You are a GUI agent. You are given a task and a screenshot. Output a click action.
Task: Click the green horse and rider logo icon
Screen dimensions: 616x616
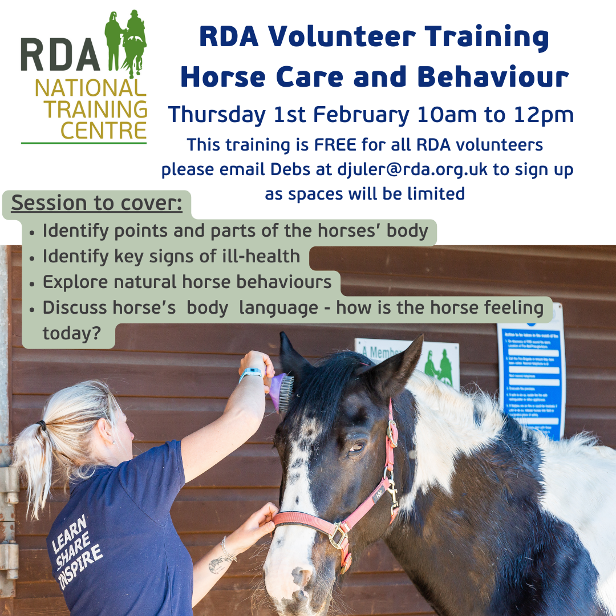pos(126,43)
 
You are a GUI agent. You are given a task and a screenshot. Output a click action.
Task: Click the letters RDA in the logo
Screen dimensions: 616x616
pos(60,56)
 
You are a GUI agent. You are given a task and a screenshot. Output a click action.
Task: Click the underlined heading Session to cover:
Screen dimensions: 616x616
pos(97,203)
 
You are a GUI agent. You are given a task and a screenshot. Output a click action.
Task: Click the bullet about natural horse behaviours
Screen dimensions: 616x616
pos(187,282)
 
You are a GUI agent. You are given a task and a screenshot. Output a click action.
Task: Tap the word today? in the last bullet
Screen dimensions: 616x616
pos(71,334)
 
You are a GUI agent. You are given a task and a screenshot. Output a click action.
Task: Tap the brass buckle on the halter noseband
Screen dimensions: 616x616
pos(339,535)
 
